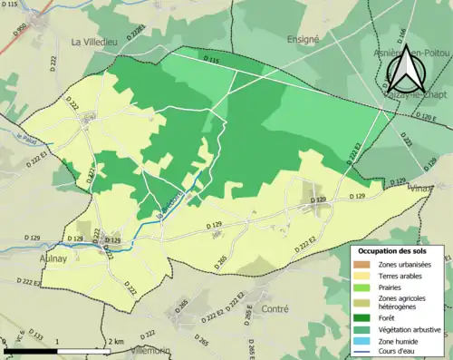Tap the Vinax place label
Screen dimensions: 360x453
click(419, 189)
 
